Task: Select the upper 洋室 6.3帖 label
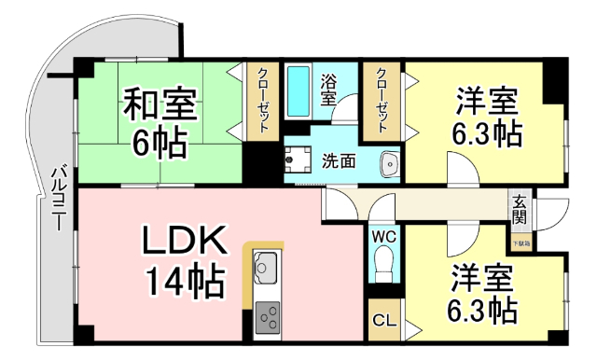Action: pyautogui.click(x=486, y=117)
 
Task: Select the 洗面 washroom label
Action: pyautogui.click(x=338, y=160)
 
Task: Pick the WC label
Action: pyautogui.click(x=384, y=237)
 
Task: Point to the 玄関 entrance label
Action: pyautogui.click(x=520, y=210)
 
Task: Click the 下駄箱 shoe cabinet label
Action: pyautogui.click(x=520, y=243)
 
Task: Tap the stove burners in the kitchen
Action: pyautogui.click(x=270, y=317)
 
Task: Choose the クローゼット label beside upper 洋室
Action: pyautogui.click(x=382, y=103)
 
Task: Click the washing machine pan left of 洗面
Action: pyautogui.click(x=300, y=160)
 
